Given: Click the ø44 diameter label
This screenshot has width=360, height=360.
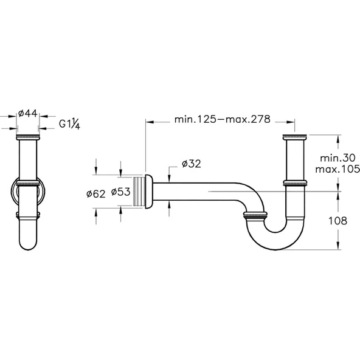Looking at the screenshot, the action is coord(28,114).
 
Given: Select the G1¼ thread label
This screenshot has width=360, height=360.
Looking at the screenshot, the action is coord(69,124).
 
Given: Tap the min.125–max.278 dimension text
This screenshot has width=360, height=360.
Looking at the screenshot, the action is coord(222,119).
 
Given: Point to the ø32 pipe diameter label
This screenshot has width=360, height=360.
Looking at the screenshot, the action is coord(191,164).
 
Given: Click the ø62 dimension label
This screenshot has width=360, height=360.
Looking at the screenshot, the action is coord(96,194).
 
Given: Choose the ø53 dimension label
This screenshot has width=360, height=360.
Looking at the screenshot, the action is coord(121,192).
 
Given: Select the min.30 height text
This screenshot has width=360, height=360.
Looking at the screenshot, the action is coord(337,158).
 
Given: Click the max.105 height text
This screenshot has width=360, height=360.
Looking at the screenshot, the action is coord(337,169).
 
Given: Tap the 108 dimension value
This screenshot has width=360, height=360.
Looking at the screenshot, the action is coord(337,221).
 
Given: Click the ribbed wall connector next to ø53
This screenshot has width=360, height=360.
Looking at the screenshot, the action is coord(139,192).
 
